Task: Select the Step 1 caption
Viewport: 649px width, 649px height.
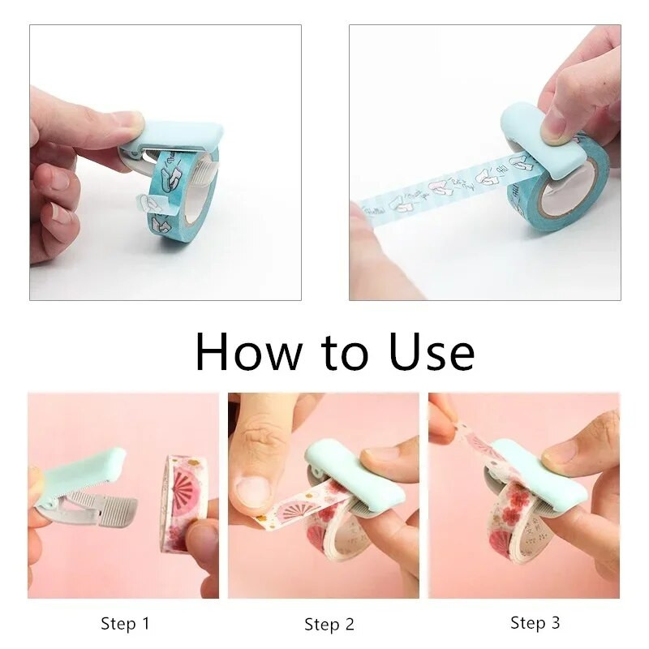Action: (125, 623)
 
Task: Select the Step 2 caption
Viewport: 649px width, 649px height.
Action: (329, 624)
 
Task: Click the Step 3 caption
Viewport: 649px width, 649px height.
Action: (535, 622)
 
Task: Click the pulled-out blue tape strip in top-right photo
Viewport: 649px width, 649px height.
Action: (438, 191)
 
